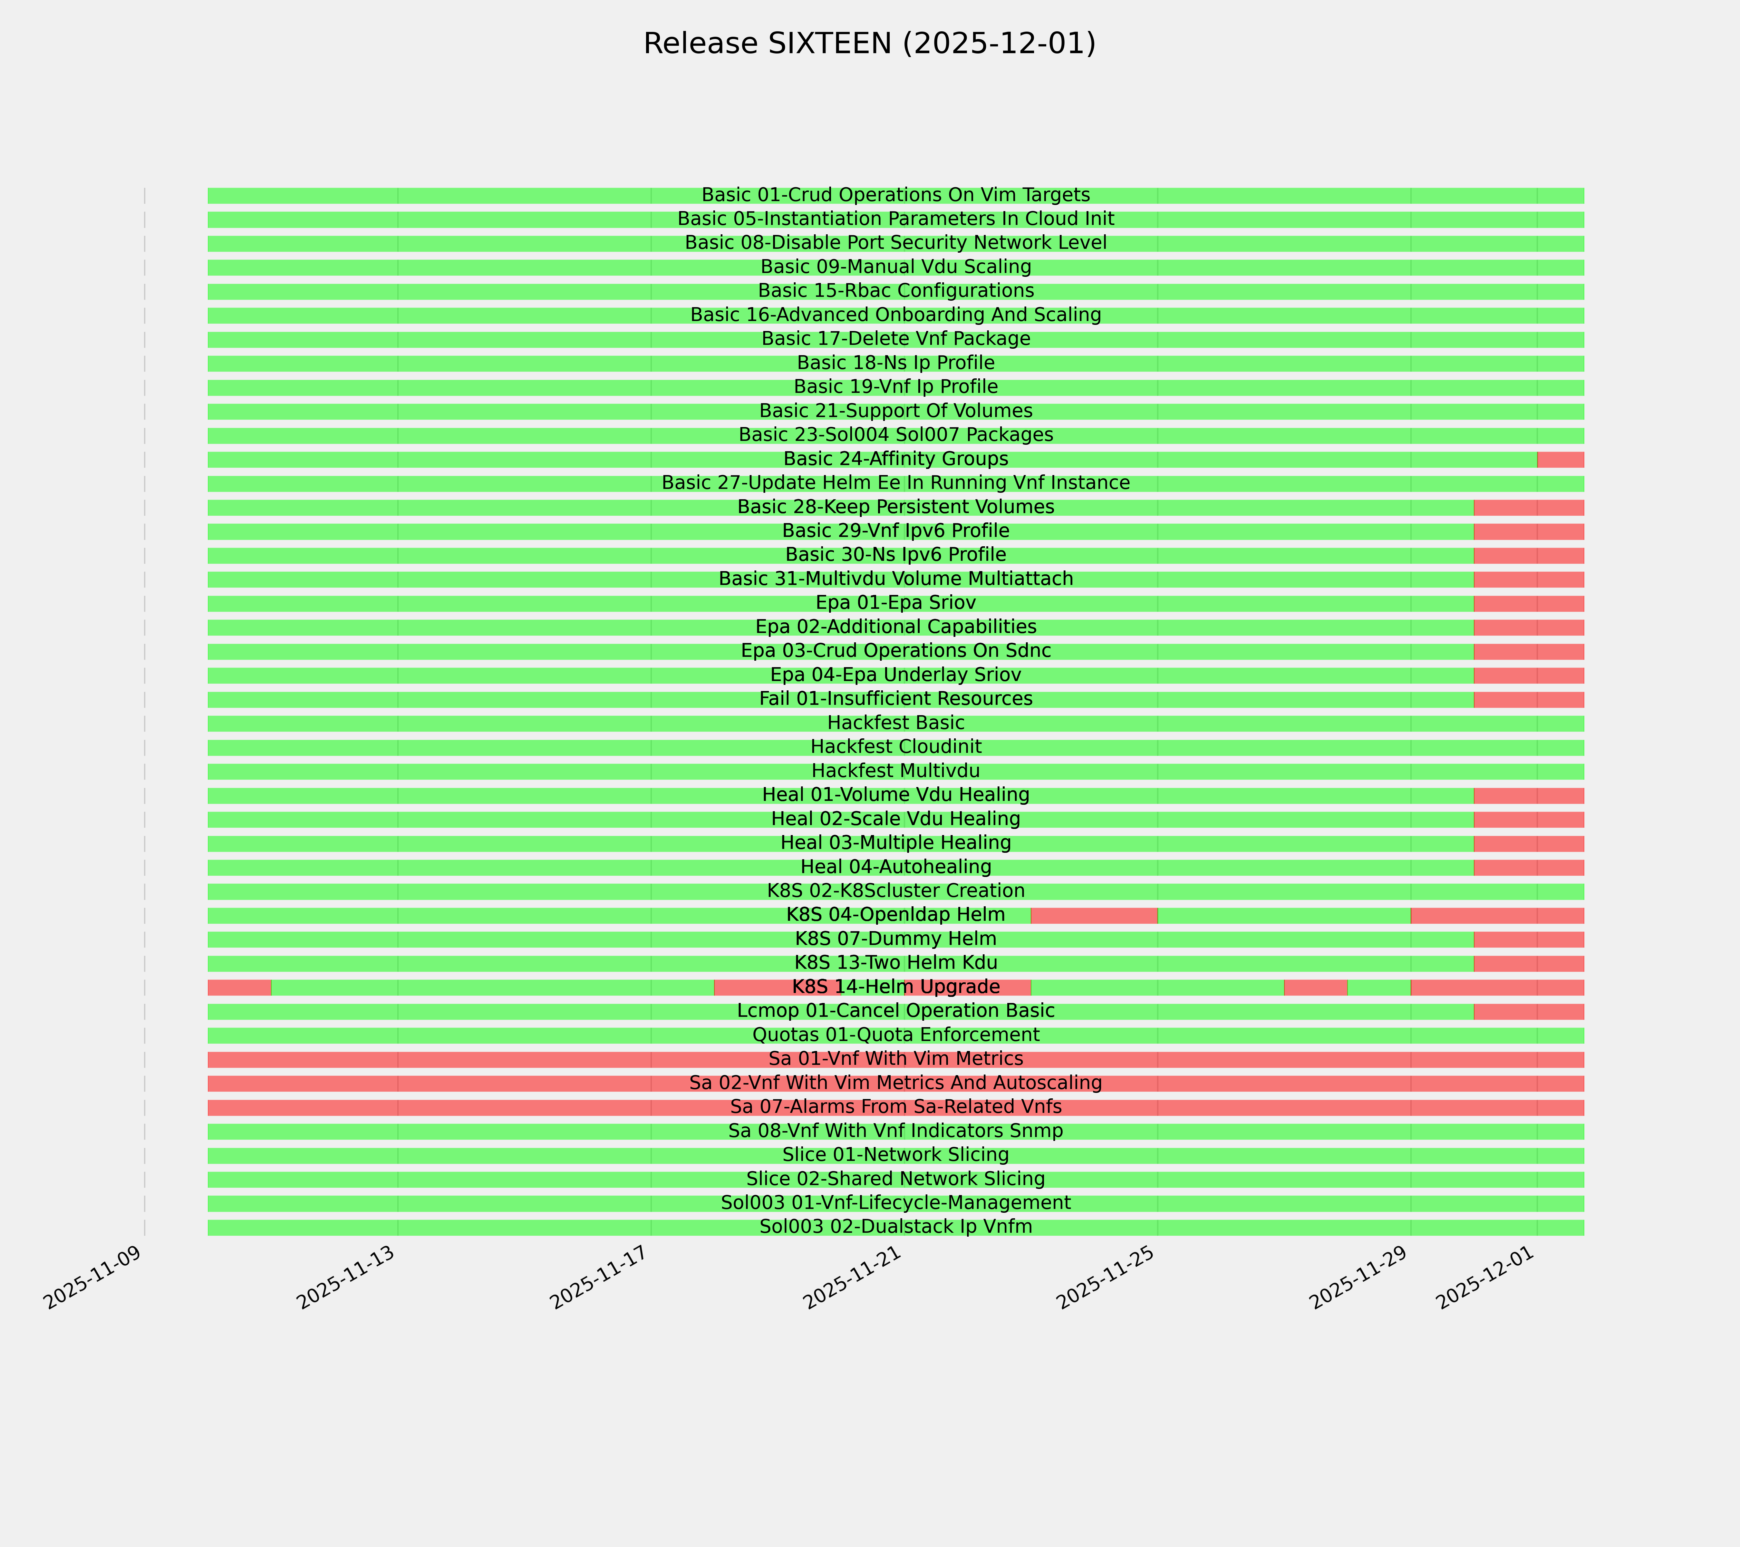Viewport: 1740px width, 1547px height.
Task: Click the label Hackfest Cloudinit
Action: [895, 747]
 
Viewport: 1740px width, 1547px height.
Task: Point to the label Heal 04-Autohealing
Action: [895, 867]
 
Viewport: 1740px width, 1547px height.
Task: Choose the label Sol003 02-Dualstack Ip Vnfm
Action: [895, 1227]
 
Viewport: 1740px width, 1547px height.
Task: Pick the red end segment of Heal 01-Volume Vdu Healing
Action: [1528, 795]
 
